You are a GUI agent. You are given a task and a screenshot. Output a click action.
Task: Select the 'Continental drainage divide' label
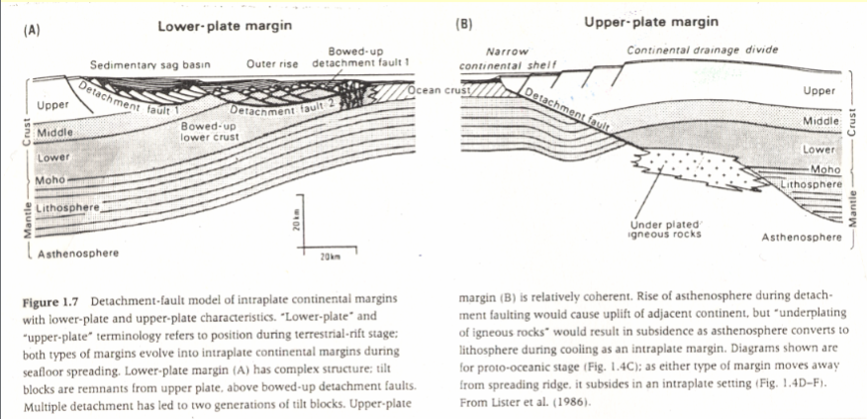pyautogui.click(x=702, y=50)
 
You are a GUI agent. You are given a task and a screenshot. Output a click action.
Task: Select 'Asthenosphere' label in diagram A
pyautogui.click(x=77, y=254)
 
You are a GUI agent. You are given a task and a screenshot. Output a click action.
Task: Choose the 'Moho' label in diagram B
pyautogui.click(x=824, y=169)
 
